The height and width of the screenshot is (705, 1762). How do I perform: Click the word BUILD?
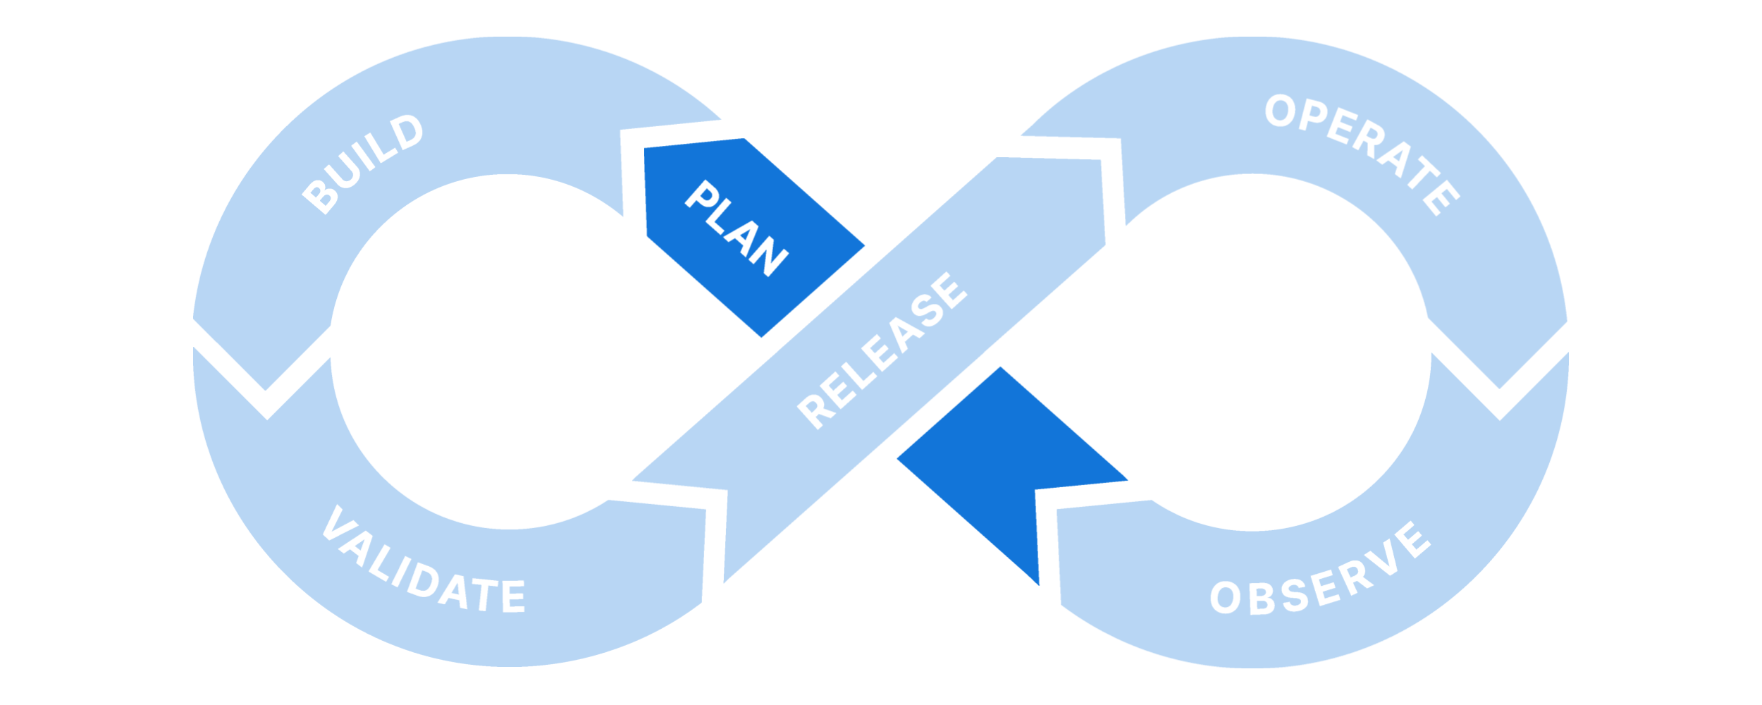tap(363, 164)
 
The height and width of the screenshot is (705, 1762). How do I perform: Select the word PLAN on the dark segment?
tap(737, 228)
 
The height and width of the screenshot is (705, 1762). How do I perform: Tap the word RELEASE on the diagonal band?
tap(882, 350)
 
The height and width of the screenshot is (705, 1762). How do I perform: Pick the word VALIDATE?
tap(423, 564)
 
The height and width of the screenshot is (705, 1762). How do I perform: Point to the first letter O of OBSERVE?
tap(1226, 597)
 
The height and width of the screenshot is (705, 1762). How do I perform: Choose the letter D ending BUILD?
tap(407, 132)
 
